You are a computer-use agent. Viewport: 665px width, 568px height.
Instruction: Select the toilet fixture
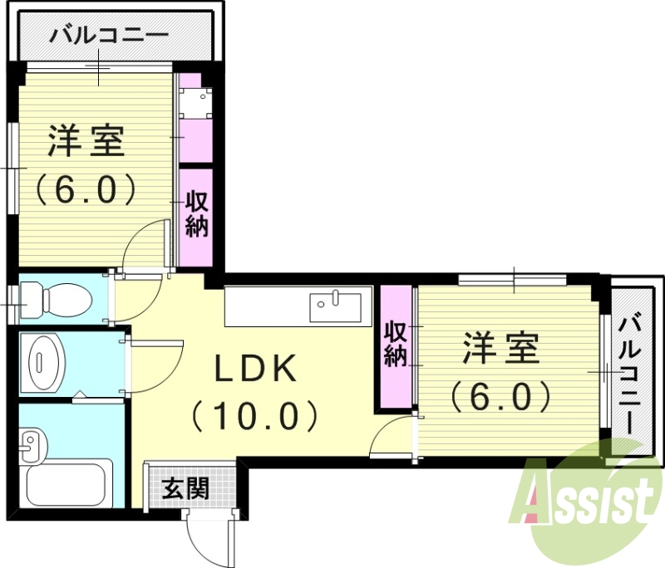pos(58,298)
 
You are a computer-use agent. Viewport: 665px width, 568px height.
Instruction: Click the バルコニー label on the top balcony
pos(109,36)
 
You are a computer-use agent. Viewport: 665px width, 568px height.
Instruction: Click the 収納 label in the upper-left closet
pos(196,214)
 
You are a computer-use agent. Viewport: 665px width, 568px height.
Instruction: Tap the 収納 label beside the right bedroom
pos(395,344)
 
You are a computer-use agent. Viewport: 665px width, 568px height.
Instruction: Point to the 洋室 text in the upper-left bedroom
pos(85,141)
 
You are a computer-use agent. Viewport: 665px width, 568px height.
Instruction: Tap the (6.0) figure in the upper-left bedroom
pos(85,190)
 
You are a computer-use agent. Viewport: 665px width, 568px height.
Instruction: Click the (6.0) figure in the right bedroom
pos(500,396)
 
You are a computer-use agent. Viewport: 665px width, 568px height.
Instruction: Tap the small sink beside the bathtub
pos(31,445)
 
